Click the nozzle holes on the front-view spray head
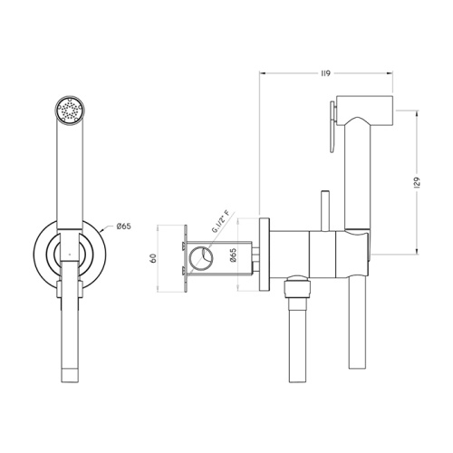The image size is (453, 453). (69, 111)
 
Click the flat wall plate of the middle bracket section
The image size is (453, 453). (185, 259)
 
